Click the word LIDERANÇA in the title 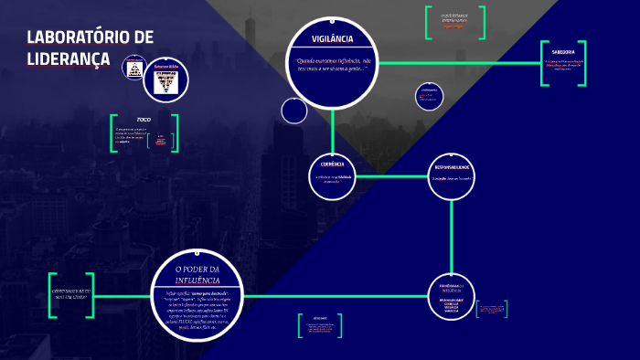(69, 58)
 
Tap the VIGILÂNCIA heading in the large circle (332, 40)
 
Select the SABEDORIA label (563, 52)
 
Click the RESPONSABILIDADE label (452, 168)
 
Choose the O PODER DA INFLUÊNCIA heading (197, 273)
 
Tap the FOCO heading (144, 120)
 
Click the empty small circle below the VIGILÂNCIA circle (294, 111)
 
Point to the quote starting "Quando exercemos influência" (332, 64)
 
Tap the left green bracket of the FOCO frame (112, 132)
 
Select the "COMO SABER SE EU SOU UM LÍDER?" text (71, 295)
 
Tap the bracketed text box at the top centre (454, 22)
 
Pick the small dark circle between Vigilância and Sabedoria (429, 95)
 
